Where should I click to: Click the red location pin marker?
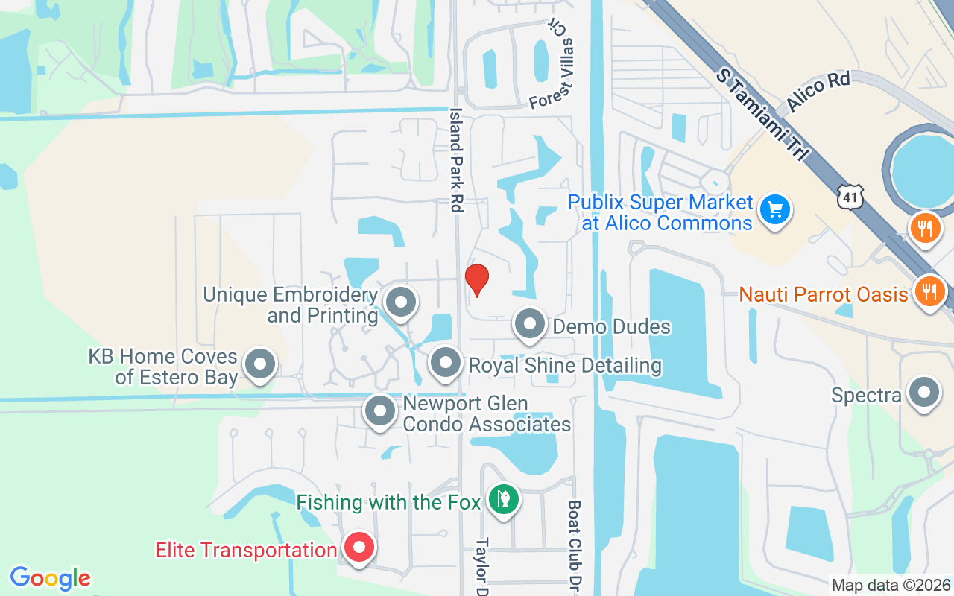477,280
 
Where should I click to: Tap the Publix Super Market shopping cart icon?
775,210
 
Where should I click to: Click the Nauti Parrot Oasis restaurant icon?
928,291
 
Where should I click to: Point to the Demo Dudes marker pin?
530,325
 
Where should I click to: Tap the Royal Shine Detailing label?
564,366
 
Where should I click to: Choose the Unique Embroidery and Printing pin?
401,302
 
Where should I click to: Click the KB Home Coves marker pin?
260,365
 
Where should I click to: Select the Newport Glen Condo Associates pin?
380,410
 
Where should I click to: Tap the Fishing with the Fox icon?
504,500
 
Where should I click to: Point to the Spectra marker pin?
925,393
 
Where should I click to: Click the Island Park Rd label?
455,159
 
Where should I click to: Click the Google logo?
51,578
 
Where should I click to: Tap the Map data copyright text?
891,586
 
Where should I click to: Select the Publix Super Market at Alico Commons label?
660,212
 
